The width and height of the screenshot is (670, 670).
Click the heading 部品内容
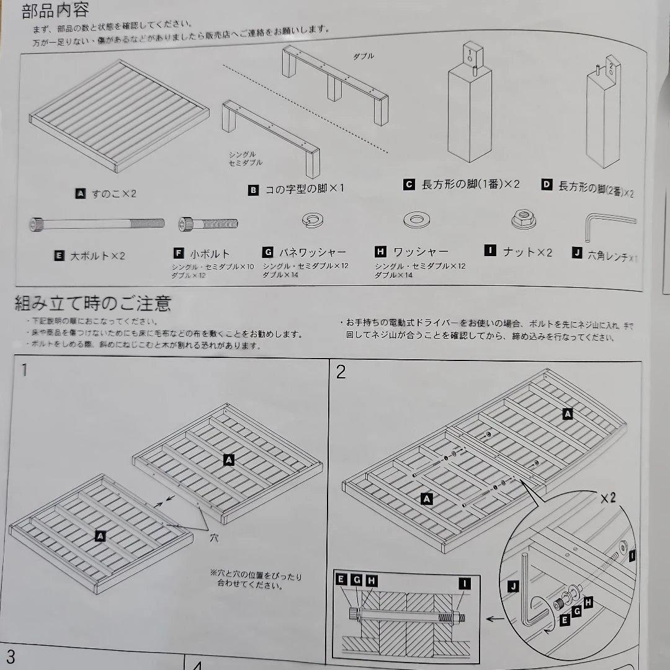tap(56, 10)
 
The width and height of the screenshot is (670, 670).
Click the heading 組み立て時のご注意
tap(93, 303)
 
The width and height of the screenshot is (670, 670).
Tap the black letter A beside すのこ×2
tap(80, 194)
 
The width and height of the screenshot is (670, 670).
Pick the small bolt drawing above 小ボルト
tap(208, 223)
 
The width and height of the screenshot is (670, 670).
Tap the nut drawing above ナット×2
tap(523, 218)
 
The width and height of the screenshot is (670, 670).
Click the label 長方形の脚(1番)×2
tap(470, 184)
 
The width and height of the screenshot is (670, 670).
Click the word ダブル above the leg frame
tap(364, 56)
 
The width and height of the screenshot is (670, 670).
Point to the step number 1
tap(24, 371)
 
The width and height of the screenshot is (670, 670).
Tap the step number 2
tap(341, 372)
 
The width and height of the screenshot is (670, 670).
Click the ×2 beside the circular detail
tap(608, 498)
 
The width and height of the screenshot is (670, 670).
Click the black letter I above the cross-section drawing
tap(464, 583)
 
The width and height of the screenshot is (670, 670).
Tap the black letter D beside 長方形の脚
tap(547, 185)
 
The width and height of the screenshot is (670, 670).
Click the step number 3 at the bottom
tap(11, 657)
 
